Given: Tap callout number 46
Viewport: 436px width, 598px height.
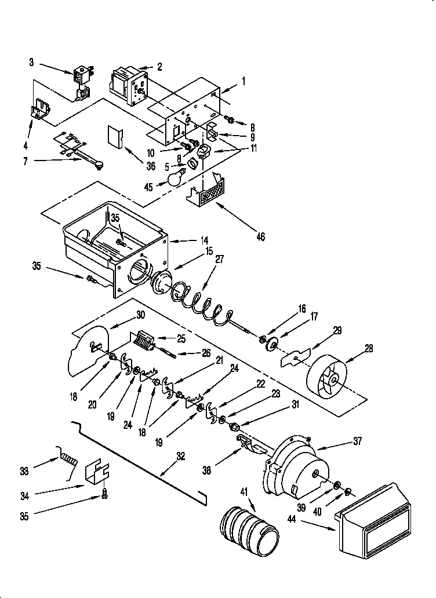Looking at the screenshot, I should (x=260, y=237).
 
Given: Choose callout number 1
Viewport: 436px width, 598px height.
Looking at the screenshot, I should (x=244, y=82).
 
